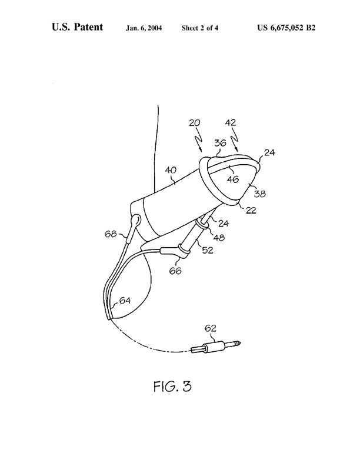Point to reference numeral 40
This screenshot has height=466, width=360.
[171, 171]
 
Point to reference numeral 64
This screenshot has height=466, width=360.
[125, 301]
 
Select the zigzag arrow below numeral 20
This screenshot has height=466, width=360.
[200, 137]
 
